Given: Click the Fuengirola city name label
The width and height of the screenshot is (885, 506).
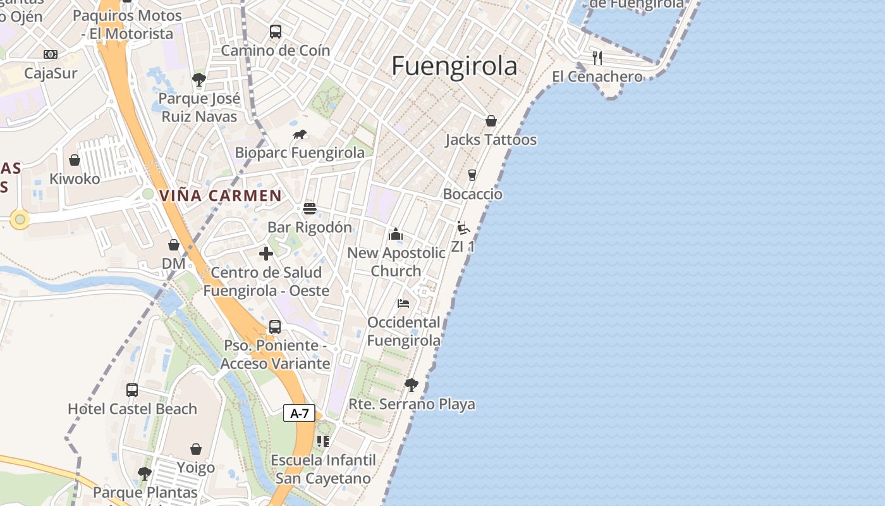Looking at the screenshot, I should [x=454, y=66].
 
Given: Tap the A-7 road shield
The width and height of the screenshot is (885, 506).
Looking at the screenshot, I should [x=299, y=414].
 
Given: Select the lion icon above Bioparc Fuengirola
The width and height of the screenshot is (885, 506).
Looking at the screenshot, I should [x=300, y=134].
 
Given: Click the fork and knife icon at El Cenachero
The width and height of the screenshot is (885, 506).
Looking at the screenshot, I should [x=597, y=58].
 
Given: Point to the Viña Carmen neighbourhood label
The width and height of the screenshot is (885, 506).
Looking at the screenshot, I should [x=221, y=195].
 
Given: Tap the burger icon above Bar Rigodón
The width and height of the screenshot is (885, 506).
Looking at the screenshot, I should [x=310, y=208].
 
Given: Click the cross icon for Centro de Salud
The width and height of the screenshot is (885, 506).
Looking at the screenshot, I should [x=266, y=254].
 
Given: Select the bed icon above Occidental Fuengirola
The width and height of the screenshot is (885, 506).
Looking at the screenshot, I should [x=403, y=304].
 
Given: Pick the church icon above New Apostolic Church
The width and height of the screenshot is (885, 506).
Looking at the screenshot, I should [x=396, y=234].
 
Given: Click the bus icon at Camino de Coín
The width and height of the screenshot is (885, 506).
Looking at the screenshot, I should [x=276, y=32].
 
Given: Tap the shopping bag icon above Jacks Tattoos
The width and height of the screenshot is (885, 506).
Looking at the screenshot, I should [x=491, y=121].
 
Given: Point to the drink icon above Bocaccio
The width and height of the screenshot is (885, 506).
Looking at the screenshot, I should [x=472, y=175].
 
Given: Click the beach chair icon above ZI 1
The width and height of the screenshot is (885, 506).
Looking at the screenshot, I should [x=463, y=228].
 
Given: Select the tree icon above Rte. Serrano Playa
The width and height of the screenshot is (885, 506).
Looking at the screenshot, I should [x=412, y=385].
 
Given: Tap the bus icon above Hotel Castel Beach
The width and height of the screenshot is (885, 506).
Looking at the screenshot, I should [x=132, y=390].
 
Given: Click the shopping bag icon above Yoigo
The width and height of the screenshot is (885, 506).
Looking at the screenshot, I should [x=196, y=449].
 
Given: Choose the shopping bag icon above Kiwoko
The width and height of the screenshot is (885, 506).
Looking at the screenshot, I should [x=75, y=160].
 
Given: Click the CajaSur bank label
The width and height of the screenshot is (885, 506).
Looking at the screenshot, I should [x=51, y=73].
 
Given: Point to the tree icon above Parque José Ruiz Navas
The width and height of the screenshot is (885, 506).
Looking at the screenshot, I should [x=199, y=80].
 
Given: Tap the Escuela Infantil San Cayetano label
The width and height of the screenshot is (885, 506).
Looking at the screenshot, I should [x=323, y=469].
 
